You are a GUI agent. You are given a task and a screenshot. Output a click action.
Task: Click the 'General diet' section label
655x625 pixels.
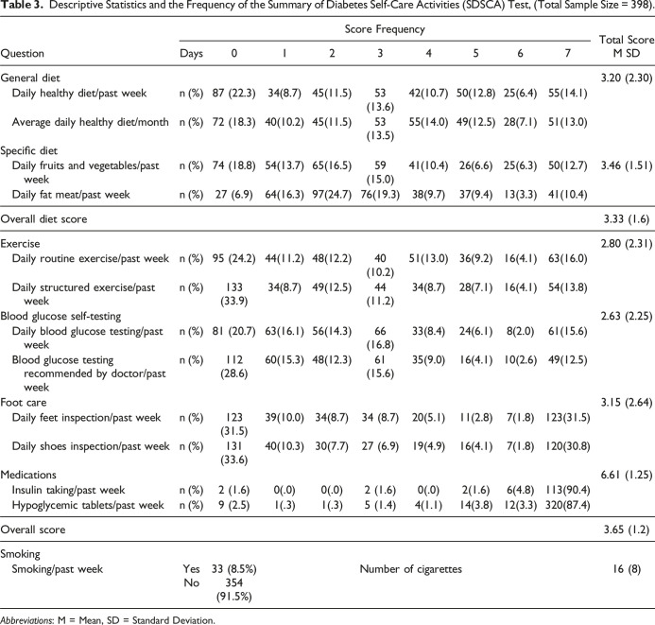(x=33, y=77)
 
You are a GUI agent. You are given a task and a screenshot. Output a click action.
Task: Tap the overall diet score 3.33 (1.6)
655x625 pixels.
(x=618, y=218)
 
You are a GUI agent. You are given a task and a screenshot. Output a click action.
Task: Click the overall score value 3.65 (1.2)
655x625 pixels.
(x=618, y=530)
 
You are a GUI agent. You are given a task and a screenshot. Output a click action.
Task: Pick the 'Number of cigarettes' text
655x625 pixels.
(x=410, y=568)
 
